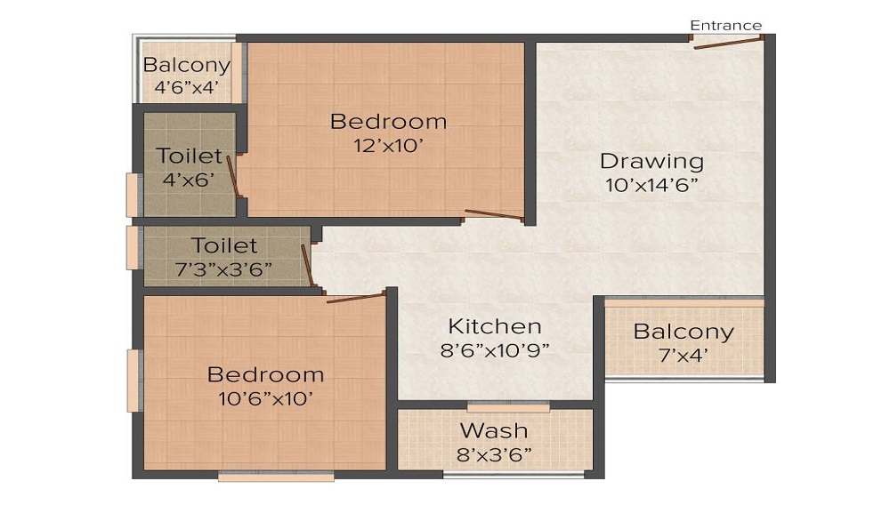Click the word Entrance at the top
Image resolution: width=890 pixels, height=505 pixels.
pos(725,25)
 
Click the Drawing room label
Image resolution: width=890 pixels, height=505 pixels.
pos(651,162)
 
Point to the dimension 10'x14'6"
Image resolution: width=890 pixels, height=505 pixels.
pos(651,186)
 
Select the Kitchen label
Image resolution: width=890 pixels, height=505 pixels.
pos(494,325)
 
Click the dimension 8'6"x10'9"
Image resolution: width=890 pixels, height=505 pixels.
pos(495,349)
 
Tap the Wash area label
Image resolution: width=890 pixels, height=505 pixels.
pos(494,431)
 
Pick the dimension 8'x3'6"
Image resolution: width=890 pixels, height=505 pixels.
pos(494,454)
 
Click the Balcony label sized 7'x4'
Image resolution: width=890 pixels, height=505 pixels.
pos(684,332)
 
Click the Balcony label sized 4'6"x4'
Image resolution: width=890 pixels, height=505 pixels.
pos(187,65)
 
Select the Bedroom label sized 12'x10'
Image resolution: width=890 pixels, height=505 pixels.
pos(388,122)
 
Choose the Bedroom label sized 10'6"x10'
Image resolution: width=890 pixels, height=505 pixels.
pos(265,374)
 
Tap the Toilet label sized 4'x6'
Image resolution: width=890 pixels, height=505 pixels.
pos(189,156)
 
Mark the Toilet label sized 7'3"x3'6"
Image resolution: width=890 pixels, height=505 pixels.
pos(224,245)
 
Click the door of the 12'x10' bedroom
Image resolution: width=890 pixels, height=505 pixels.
pos(494,214)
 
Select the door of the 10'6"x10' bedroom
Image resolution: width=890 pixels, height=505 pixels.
pos(355,297)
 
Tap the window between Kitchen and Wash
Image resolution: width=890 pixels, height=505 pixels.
pos(508,407)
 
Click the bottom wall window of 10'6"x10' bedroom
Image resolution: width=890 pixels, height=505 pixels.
pos(276,477)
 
